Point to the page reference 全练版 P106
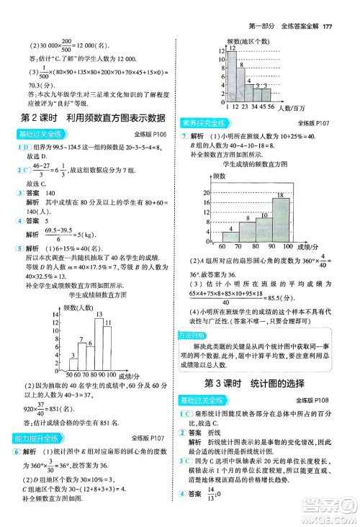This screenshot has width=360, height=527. coord(150,135)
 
